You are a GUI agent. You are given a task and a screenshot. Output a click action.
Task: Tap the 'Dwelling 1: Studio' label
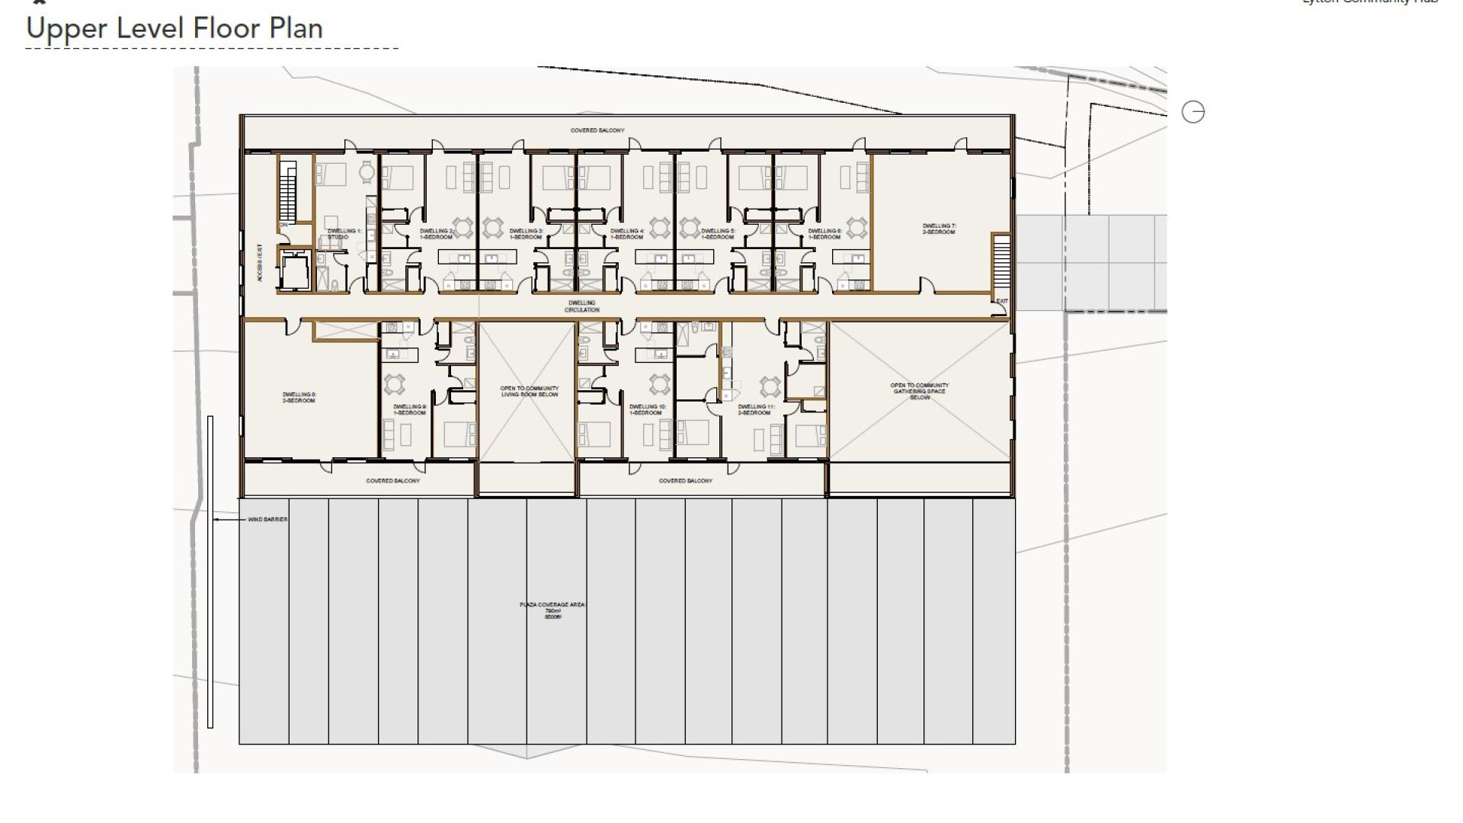344,234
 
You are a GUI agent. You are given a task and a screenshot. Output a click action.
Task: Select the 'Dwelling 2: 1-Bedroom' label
436,234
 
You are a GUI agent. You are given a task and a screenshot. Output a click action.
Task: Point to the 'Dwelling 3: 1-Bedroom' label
526,234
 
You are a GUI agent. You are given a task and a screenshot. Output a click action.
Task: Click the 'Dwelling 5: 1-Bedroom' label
718,234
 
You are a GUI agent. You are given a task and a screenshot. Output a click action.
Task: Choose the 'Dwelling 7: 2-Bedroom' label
939,229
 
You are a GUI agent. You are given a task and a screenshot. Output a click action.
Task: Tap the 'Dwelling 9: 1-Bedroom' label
410,410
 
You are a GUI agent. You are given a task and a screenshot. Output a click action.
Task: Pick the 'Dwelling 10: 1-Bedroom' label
648,410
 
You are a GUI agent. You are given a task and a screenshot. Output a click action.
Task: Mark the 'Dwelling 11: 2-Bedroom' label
756,410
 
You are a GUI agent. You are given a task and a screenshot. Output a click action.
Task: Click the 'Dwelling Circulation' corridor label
582,306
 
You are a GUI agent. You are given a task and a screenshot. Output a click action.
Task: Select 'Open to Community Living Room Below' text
529,392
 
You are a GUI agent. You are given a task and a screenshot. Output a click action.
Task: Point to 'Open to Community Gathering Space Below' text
920,391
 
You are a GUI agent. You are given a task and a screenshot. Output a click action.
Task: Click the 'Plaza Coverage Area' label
552,610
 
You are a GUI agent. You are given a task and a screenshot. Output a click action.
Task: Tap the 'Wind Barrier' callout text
267,520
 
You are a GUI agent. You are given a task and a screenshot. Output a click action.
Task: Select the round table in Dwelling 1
367,172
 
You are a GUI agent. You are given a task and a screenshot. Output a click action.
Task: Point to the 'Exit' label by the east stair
1001,301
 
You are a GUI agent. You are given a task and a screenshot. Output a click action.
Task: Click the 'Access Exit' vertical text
260,263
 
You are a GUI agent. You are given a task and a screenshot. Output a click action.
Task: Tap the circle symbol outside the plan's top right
1192,112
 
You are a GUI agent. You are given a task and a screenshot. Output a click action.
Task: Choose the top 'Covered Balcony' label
597,130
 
